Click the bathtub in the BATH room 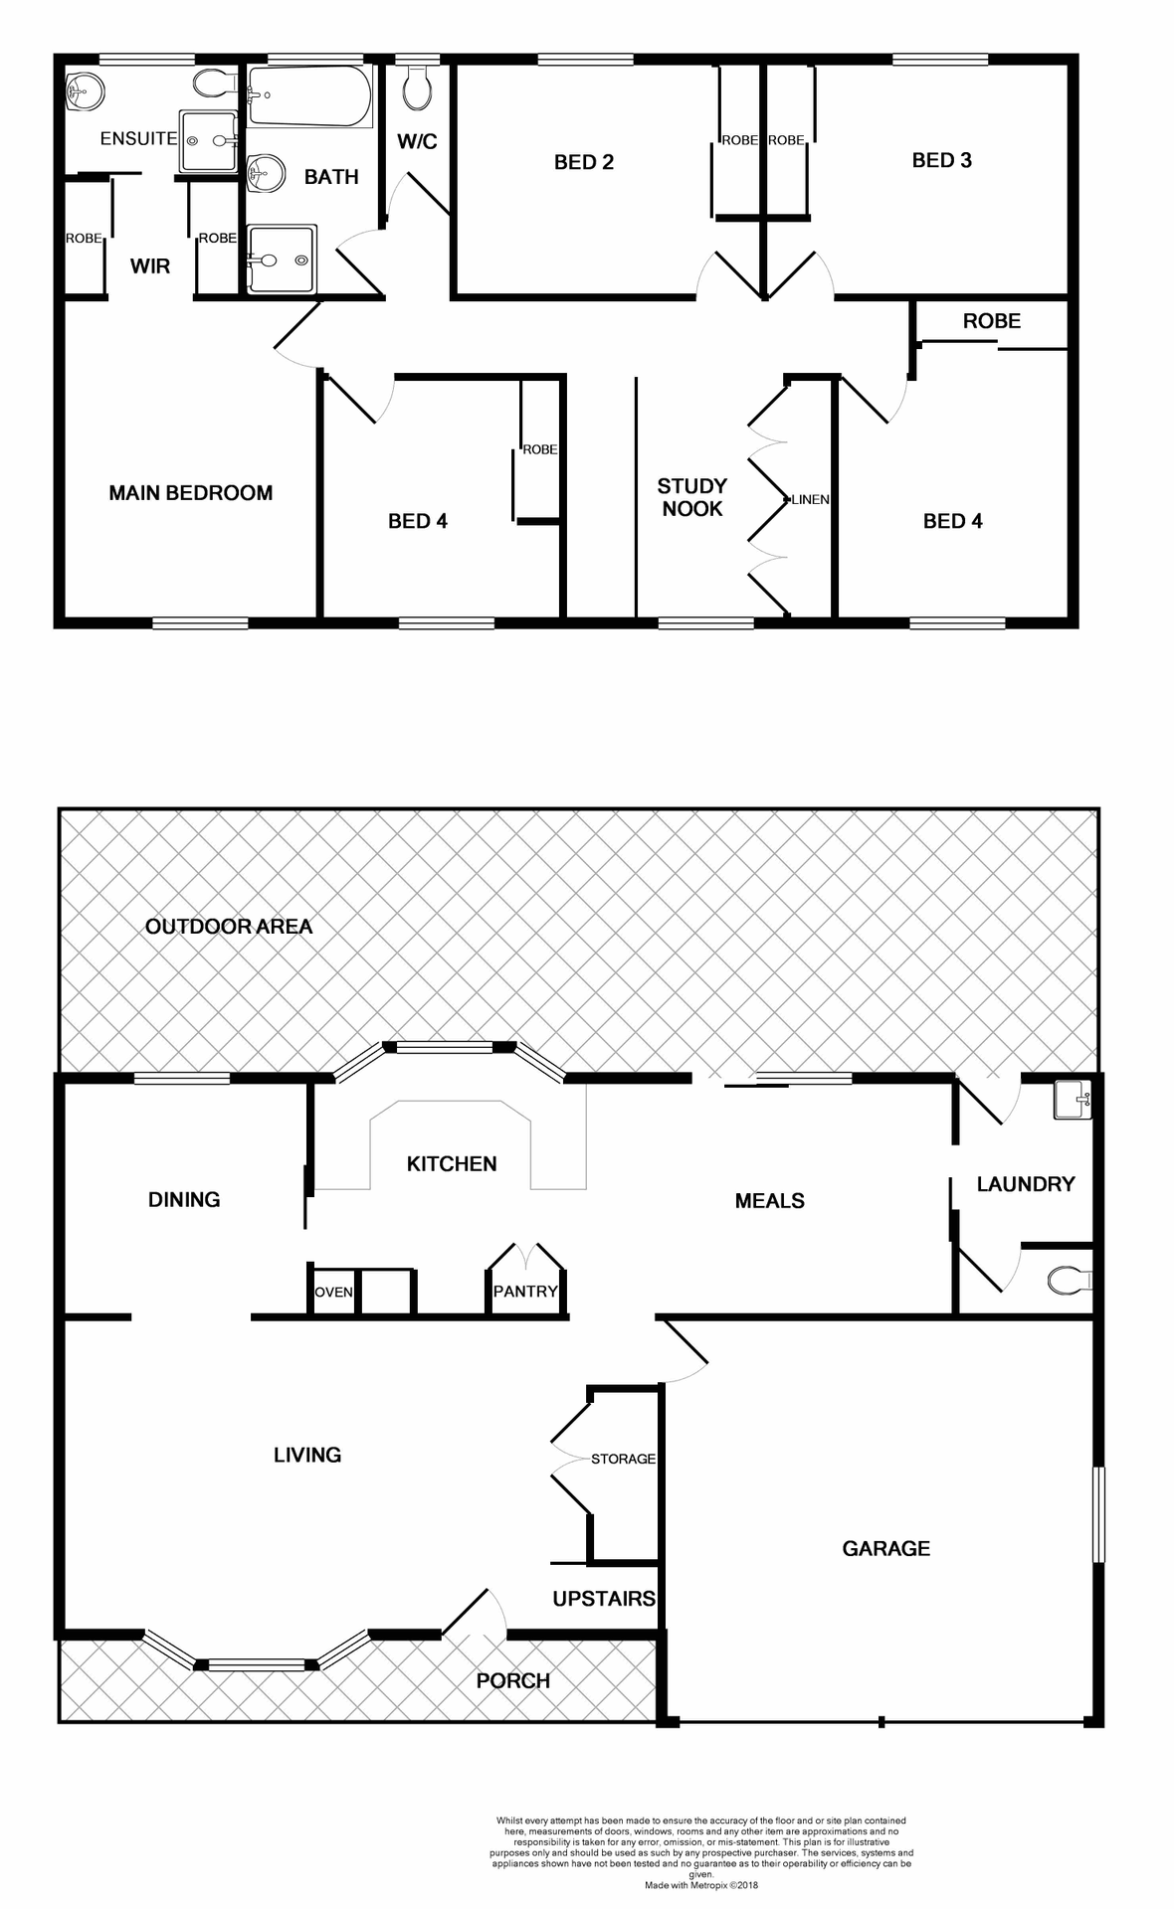[x=309, y=96]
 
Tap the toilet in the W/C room [x=418, y=89]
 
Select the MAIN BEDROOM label [x=190, y=493]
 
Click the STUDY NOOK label [x=692, y=497]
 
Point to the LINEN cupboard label [x=810, y=499]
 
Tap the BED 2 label [x=584, y=162]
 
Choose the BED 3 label [x=941, y=160]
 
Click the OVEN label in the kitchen [x=333, y=1292]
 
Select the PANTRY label [x=525, y=1291]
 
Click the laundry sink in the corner [x=1073, y=1100]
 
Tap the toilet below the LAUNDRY [x=1069, y=1280]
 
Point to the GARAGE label [x=885, y=1548]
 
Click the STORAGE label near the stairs [x=623, y=1459]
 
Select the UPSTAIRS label [x=604, y=1598]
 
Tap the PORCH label [x=512, y=1680]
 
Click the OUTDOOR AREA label [x=229, y=927]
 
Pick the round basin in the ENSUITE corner [x=86, y=92]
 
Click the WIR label [x=150, y=266]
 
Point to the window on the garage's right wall [x=1098, y=1513]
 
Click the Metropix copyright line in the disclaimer [x=700, y=1885]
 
